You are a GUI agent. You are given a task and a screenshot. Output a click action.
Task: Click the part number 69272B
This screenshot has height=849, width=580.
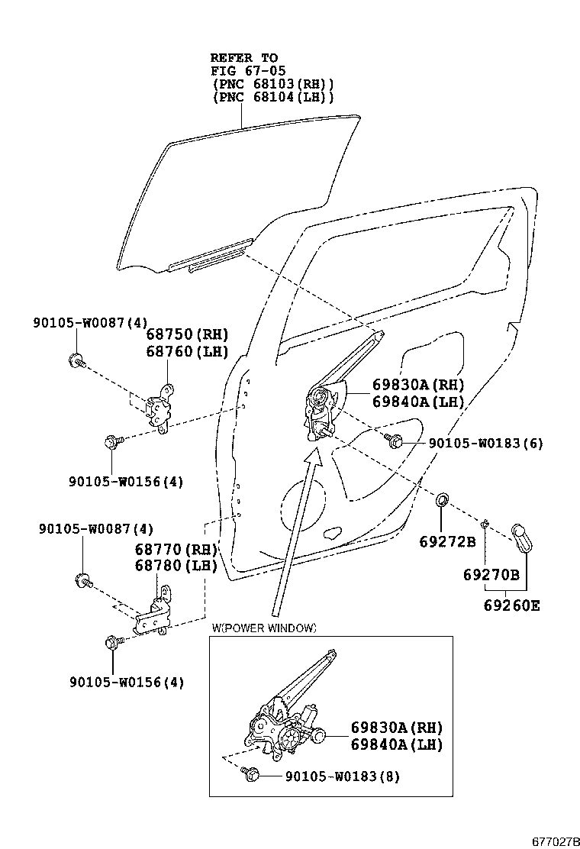tap(447, 542)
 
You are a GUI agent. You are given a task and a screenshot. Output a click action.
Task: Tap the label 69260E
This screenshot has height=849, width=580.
tap(511, 605)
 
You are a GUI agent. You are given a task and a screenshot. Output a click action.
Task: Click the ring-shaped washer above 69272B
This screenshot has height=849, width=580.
tap(442, 501)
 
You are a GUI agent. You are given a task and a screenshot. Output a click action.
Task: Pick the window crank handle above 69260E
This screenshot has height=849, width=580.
tap(524, 537)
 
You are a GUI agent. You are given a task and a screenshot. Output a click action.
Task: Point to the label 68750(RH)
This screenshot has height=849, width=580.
tap(187, 334)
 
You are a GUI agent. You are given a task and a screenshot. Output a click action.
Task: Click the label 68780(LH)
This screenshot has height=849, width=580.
tap(176, 566)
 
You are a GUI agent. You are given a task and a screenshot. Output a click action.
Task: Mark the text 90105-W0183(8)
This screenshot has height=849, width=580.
tap(343, 776)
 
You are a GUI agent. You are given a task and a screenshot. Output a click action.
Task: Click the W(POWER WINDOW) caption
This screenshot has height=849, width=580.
tap(264, 628)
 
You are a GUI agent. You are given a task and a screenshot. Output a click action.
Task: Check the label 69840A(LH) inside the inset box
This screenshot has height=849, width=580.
tap(397, 744)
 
